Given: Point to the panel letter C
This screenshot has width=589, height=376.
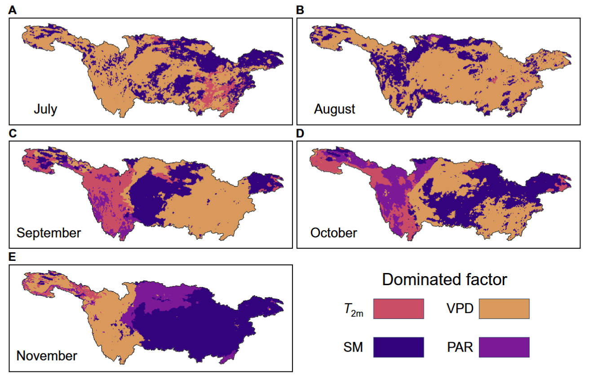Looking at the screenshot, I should click(x=13, y=134).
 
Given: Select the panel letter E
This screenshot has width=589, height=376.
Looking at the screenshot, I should click(x=13, y=257).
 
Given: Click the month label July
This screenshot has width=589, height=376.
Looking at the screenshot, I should click(x=45, y=109).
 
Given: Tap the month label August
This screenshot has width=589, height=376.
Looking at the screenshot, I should click(x=335, y=109).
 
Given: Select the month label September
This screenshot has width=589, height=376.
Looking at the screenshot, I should click(x=49, y=233).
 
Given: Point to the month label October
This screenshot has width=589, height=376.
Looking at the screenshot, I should click(x=333, y=233).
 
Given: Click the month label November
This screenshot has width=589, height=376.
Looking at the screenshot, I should click(x=47, y=356).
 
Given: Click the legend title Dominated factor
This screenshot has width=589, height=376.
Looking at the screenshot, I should click(x=444, y=280).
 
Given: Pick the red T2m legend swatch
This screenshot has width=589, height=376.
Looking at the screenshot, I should click(x=399, y=309).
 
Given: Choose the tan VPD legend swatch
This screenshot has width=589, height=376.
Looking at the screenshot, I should click(x=504, y=309).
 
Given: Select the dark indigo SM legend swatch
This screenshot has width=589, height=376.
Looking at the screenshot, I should click(x=399, y=347).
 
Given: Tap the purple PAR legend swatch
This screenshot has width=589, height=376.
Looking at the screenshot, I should click(x=504, y=347).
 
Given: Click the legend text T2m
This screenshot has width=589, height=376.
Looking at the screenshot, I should click(x=354, y=309).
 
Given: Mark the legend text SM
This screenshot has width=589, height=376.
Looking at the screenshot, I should click(x=354, y=347).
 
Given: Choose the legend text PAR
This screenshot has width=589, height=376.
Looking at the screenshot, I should click(x=459, y=347).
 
